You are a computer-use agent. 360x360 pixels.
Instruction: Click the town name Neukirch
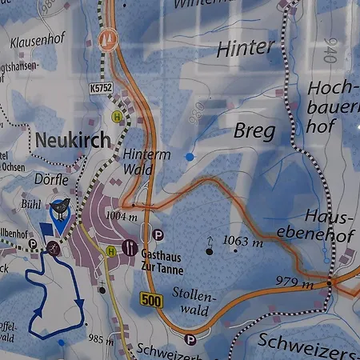click(73, 140)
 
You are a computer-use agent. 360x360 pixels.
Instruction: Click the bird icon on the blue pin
click(61, 209)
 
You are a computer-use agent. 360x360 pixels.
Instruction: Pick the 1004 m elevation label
click(122, 216)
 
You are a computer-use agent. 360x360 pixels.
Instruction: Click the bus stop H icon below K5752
click(118, 117)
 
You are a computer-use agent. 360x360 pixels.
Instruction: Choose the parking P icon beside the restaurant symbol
click(158, 235)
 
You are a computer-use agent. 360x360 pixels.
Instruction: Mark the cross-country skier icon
click(54, 248)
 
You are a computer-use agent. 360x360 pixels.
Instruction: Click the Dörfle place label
click(53, 180)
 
